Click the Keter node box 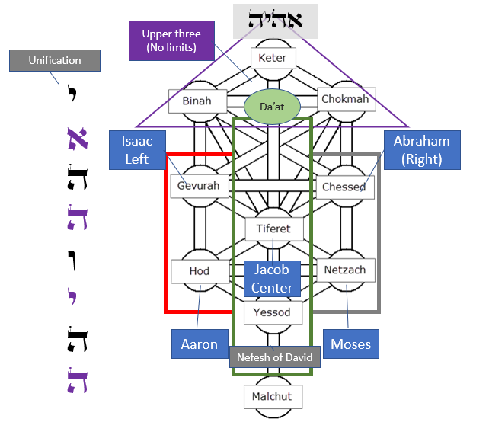point(272,58)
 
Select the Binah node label point(197,100)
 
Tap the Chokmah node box point(345,99)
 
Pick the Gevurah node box point(198,186)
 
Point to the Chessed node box point(345,187)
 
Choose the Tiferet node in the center point(273,229)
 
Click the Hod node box point(199,270)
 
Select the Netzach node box point(345,270)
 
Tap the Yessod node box point(272,312)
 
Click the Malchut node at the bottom point(272,396)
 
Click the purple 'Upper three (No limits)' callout point(171,41)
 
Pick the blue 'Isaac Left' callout point(138,149)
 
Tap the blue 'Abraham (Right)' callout point(422,150)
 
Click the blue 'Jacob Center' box point(272,279)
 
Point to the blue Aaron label point(199,344)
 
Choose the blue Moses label point(350,344)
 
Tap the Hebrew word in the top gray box point(276,21)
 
